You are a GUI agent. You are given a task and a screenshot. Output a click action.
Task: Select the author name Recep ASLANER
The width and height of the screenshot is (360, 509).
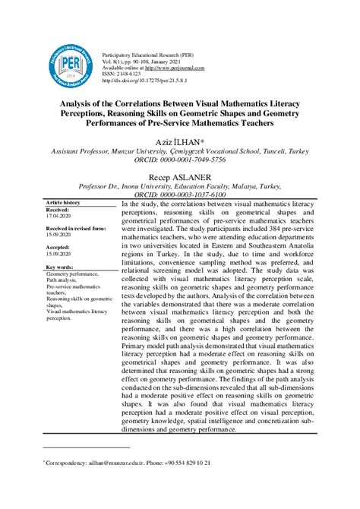180,177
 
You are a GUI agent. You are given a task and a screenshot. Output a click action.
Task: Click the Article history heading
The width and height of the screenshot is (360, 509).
63,204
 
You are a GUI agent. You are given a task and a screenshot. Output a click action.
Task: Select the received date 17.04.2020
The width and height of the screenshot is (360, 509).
58,217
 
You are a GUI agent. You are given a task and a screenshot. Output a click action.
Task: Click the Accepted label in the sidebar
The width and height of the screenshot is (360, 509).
60,248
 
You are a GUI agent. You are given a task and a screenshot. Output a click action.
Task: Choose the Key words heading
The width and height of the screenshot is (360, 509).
60,267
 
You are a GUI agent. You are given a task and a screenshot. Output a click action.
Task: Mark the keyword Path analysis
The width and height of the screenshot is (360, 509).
64,281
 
